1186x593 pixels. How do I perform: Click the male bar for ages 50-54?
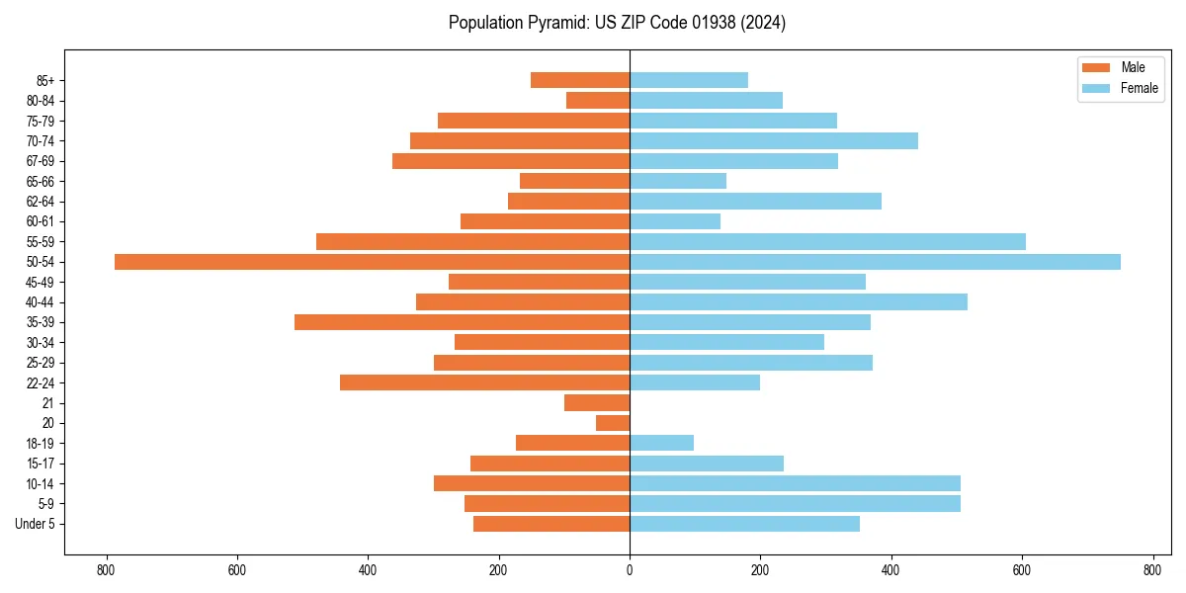click(x=372, y=262)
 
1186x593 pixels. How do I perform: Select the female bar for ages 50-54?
click(x=875, y=262)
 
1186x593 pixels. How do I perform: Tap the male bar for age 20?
click(x=613, y=423)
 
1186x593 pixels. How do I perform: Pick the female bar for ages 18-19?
click(x=661, y=443)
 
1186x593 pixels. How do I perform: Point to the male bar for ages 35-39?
click(x=462, y=322)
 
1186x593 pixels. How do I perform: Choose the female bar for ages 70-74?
click(x=773, y=140)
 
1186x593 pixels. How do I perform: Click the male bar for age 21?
click(x=597, y=403)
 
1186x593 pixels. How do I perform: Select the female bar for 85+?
click(x=689, y=80)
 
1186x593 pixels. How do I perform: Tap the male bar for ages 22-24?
click(x=484, y=382)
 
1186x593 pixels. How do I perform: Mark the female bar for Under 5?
click(x=744, y=524)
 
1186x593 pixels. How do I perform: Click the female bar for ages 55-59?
click(x=827, y=241)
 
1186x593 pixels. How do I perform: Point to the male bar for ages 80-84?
click(x=598, y=100)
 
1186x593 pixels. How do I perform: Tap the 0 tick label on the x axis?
click(x=630, y=570)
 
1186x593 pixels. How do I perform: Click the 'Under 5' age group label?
click(x=35, y=524)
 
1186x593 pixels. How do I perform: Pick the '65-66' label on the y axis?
click(x=41, y=181)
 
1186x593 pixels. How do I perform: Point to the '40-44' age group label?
click(x=41, y=302)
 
